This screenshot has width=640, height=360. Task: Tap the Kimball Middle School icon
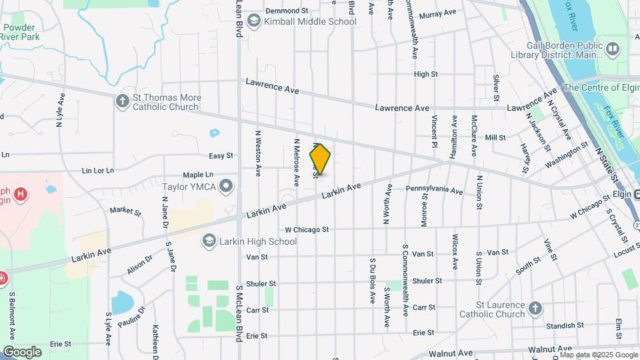click(253, 21)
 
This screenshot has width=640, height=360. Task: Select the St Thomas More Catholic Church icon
click(122, 101)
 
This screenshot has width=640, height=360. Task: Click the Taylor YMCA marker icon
click(228, 186)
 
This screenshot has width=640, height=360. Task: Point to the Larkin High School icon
click(209, 241)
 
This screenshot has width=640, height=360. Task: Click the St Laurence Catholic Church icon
click(535, 308)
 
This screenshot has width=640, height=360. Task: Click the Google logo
click(22, 352)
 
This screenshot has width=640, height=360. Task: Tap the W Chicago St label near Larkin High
click(307, 229)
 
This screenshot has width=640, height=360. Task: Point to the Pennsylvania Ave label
click(435, 191)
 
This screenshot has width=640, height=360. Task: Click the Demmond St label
click(287, 11)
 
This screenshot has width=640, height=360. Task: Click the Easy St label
click(221, 155)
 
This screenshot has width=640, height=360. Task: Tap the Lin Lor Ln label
click(98, 171)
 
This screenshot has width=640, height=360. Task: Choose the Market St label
click(125, 212)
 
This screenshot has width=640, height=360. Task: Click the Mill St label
click(495, 137)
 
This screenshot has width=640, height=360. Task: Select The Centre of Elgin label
click(600, 87)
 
